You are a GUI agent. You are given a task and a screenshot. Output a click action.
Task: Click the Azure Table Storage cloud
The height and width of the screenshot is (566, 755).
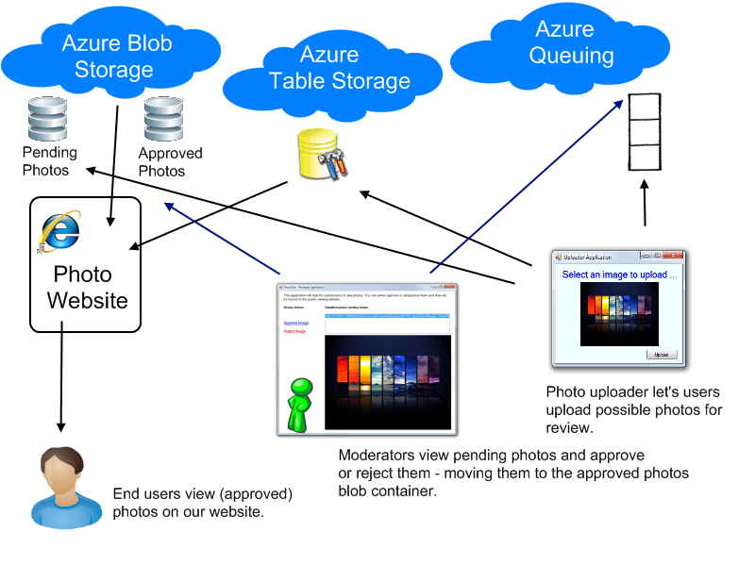340,68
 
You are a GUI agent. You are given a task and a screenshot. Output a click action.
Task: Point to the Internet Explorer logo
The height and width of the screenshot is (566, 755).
59,232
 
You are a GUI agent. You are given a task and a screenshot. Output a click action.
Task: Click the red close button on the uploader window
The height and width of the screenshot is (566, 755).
672,256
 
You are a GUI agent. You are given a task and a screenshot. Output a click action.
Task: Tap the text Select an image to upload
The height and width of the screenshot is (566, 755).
613,275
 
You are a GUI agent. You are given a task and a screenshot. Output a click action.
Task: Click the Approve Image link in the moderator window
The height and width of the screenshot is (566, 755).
295,323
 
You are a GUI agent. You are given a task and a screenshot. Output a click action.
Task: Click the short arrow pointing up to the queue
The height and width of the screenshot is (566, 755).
646,203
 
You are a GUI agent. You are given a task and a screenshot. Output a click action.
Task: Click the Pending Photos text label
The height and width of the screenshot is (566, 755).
49,161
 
